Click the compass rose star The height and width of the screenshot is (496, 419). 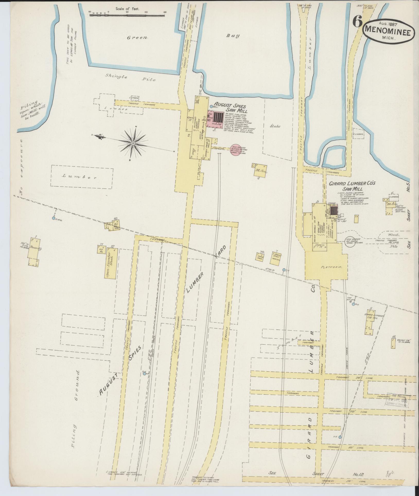[x=133, y=143]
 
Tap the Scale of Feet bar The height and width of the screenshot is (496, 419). [x=127, y=15]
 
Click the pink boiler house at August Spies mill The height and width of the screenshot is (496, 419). [x=218, y=118]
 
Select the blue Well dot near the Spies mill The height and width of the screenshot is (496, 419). [x=211, y=106]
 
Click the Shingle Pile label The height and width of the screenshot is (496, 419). [x=130, y=77]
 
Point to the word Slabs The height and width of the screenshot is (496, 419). [x=275, y=126]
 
